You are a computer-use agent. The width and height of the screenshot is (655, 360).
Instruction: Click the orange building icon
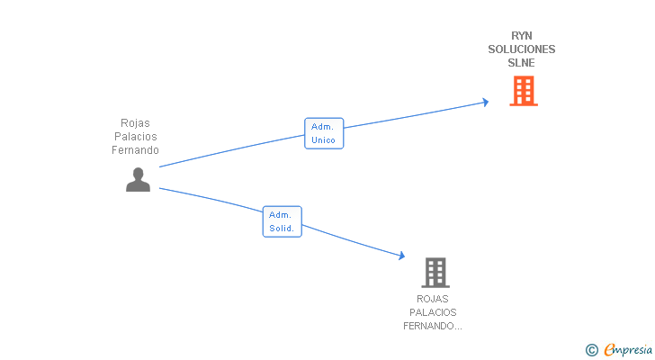click(523, 91)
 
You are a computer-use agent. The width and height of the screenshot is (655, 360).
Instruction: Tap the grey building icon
click(435, 272)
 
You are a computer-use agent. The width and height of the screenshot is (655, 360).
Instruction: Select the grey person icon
click(138, 180)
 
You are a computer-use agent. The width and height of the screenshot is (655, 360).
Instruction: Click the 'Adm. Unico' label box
click(323, 133)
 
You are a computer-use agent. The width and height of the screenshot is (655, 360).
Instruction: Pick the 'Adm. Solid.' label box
click(282, 221)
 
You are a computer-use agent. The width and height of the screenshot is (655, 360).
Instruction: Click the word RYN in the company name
click(522, 36)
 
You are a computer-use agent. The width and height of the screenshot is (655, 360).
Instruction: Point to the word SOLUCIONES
click(522, 49)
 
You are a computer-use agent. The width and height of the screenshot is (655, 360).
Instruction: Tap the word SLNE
click(522, 63)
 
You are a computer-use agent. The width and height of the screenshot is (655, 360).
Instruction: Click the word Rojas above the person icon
click(136, 123)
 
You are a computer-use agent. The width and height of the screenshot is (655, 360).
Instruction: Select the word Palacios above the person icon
click(136, 137)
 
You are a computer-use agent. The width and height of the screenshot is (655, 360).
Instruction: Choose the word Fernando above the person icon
click(136, 150)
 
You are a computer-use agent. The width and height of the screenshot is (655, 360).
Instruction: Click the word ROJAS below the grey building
click(433, 299)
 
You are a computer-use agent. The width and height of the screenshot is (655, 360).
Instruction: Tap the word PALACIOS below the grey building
click(433, 312)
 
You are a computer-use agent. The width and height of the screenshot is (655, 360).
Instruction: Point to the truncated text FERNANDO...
click(433, 326)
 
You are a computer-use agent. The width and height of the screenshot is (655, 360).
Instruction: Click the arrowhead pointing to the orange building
click(485, 102)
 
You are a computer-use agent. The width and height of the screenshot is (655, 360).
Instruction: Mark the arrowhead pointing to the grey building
click(400, 256)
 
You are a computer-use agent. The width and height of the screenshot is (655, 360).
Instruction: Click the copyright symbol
click(591, 350)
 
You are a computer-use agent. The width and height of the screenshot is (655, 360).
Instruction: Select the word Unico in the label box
click(323, 140)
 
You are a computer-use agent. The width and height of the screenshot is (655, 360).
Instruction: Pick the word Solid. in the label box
click(282, 229)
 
